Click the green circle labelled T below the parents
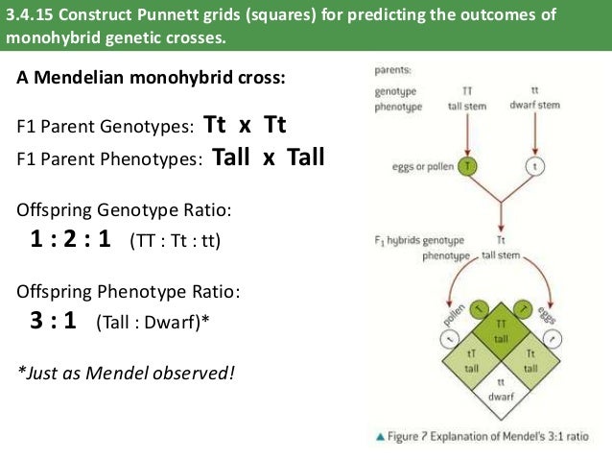click(x=467, y=165)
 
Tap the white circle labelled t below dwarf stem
click(x=533, y=165)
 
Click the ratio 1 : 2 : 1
click(x=71, y=239)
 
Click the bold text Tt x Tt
click(x=246, y=126)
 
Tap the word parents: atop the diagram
click(x=394, y=70)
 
